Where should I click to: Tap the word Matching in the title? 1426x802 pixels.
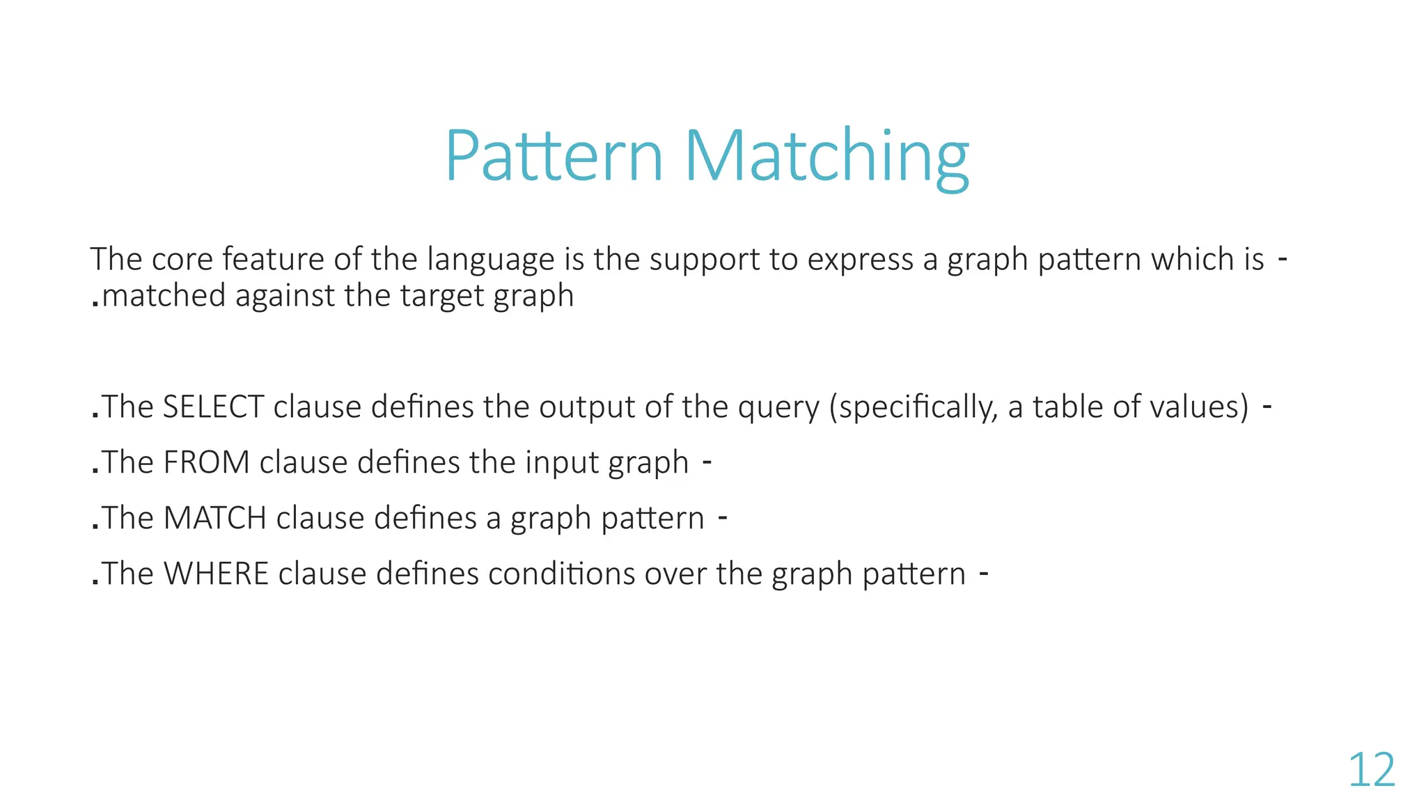click(x=826, y=157)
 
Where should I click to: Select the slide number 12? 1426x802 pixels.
click(x=1372, y=770)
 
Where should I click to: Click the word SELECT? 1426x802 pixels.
click(x=213, y=407)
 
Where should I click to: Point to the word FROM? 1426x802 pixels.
click(x=206, y=462)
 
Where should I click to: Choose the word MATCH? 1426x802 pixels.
click(x=214, y=518)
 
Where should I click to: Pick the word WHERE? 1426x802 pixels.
click(x=216, y=574)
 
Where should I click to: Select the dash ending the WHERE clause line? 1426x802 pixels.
click(x=984, y=573)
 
